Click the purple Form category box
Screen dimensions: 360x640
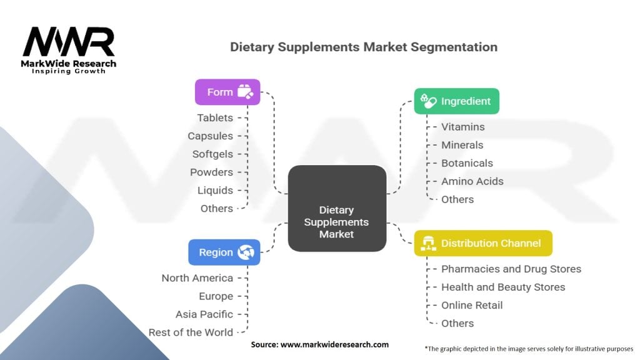227,92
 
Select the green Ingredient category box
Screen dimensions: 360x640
456,101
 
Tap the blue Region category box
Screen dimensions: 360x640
224,252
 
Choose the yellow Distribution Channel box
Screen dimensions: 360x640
483,243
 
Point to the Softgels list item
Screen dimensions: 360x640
212,154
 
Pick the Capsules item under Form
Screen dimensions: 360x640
210,136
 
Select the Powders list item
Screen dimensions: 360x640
211,172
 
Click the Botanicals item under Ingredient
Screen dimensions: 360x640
467,163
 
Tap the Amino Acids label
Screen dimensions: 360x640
472,181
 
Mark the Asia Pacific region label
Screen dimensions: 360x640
204,314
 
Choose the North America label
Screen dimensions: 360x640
197,278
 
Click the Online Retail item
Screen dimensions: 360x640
472,305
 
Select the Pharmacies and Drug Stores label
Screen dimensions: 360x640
511,269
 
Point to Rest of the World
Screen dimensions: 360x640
191,332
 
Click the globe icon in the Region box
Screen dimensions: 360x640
244,252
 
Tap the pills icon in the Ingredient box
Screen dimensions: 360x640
428,101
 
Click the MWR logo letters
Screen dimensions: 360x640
69,42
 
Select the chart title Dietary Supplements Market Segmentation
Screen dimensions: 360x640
364,47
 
